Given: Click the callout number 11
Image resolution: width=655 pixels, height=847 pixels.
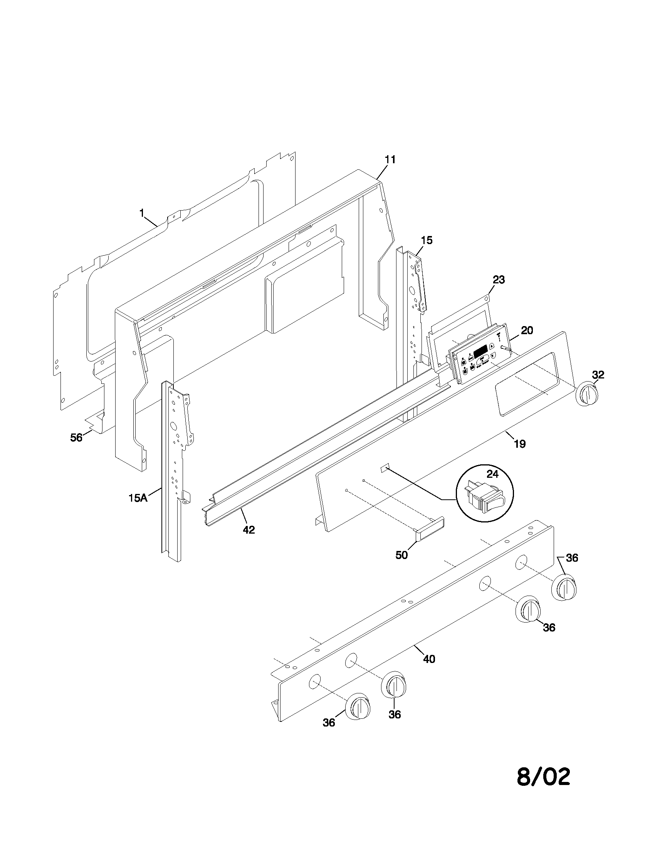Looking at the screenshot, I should [390, 159].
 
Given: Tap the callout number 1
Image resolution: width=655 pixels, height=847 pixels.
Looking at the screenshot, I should [142, 213].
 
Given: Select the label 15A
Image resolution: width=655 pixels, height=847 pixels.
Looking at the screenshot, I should [138, 498].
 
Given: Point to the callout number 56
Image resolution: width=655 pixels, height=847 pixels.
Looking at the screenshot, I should [76, 437].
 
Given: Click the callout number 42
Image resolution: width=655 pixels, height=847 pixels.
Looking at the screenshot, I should [249, 530].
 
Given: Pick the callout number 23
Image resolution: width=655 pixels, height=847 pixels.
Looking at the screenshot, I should [499, 280].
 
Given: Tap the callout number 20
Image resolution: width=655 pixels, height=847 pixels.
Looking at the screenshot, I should [527, 330].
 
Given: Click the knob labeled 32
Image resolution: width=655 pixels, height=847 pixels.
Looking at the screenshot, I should [586, 394].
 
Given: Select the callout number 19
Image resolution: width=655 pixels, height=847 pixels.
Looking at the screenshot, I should [520, 444].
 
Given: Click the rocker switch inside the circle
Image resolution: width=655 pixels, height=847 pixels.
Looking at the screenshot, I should [485, 497].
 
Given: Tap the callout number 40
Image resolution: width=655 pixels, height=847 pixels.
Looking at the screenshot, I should [429, 659].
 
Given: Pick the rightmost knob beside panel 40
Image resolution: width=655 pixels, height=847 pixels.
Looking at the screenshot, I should [564, 589].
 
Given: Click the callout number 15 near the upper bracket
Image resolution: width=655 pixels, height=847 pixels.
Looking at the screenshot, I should [426, 240].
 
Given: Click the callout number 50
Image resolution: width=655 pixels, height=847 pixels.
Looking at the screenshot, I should [401, 555].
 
